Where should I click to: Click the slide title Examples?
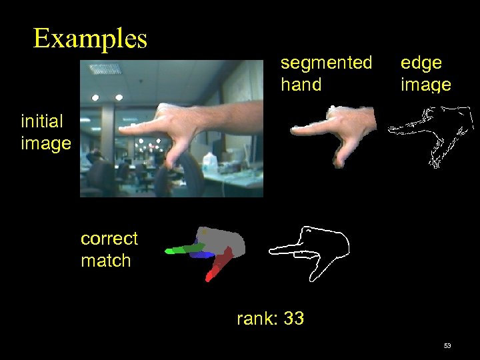tap(90, 39)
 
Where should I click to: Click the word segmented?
tap(326, 63)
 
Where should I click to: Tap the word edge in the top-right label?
tap(421, 63)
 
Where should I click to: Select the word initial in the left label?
tap(42, 121)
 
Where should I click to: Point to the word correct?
tap(109, 239)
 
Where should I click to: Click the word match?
tap(105, 261)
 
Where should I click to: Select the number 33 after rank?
tap(293, 319)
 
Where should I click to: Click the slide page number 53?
tap(447, 346)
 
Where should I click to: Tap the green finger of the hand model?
tap(183, 249)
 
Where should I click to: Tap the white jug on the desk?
tap(209, 161)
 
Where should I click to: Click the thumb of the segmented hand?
tap(341, 157)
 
